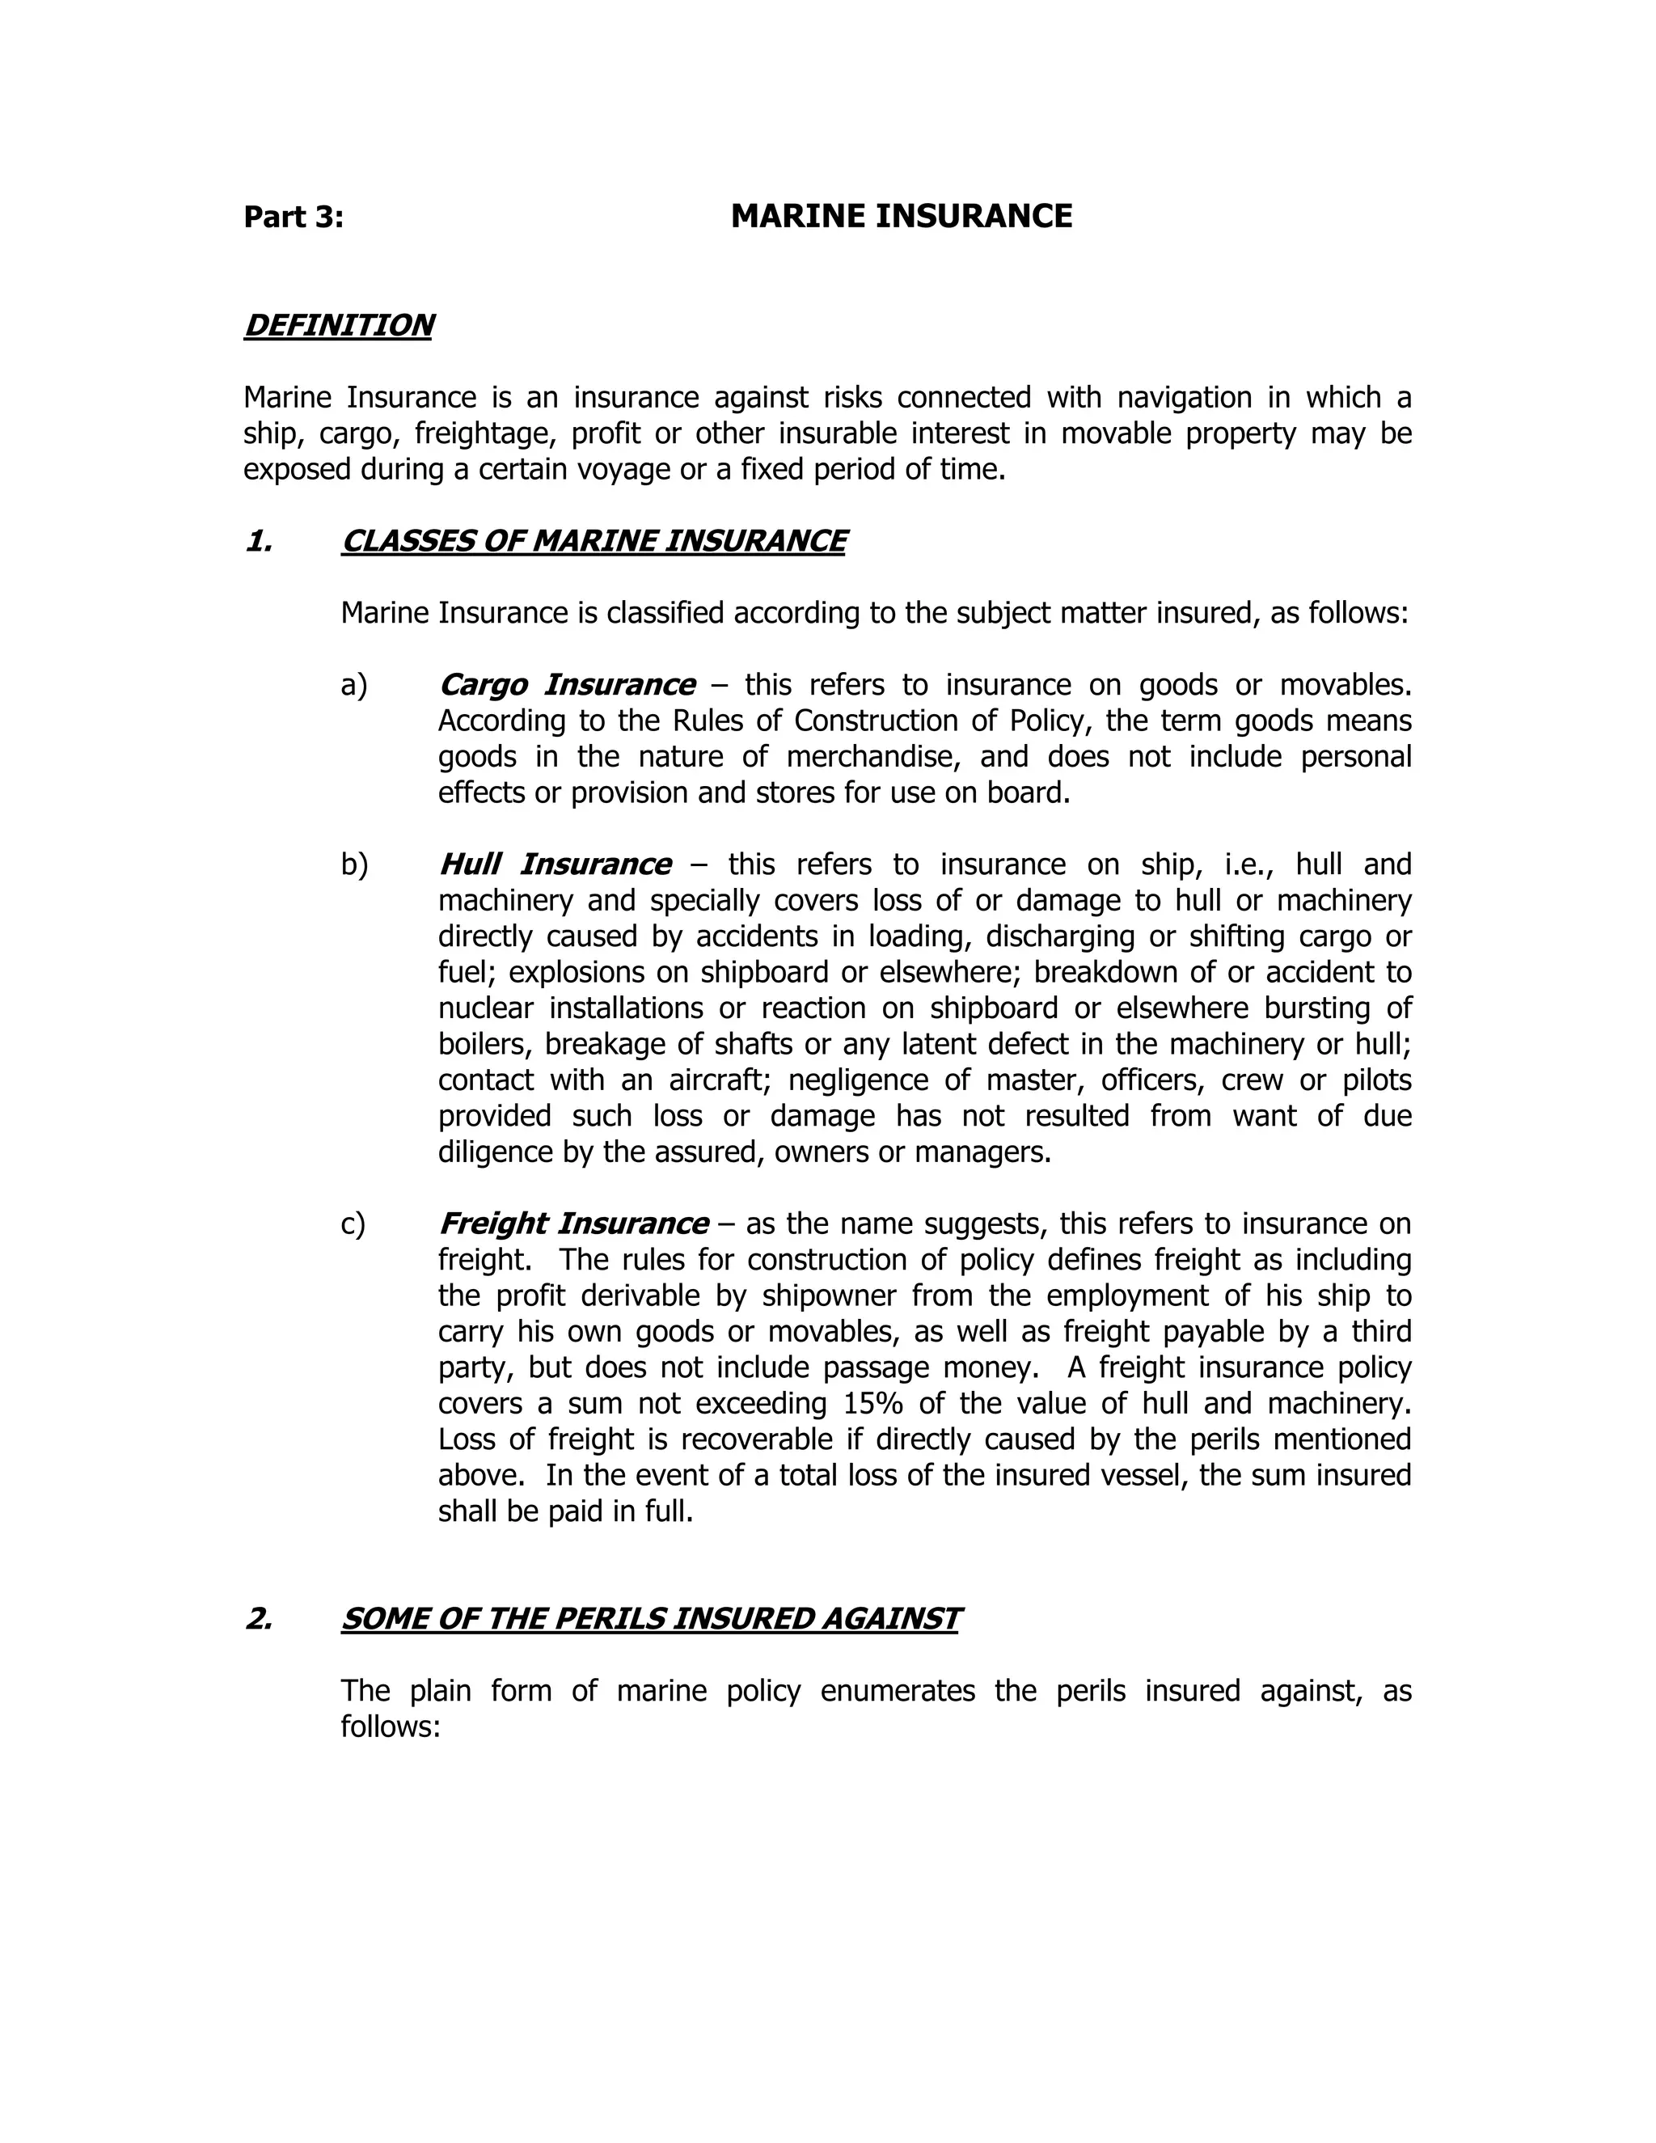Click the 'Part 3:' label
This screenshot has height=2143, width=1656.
pyautogui.click(x=294, y=217)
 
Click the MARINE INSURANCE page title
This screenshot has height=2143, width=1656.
pyautogui.click(x=901, y=216)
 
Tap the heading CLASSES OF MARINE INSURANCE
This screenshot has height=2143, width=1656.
pyautogui.click(x=593, y=541)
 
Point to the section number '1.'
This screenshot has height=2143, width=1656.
pyautogui.click(x=258, y=541)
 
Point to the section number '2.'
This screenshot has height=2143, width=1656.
pyautogui.click(x=258, y=1618)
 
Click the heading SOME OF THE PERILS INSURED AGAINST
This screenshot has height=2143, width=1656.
pyautogui.click(x=649, y=1618)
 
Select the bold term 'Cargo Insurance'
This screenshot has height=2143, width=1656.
pyautogui.click(x=566, y=684)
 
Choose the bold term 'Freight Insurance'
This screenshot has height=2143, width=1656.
pyautogui.click(x=573, y=1224)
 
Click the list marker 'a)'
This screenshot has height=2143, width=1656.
pyautogui.click(x=353, y=685)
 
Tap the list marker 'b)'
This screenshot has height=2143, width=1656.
pyautogui.click(x=354, y=864)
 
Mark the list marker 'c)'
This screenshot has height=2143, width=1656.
pyautogui.click(x=353, y=1224)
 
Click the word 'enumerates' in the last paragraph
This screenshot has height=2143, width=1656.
pyautogui.click(x=898, y=1691)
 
